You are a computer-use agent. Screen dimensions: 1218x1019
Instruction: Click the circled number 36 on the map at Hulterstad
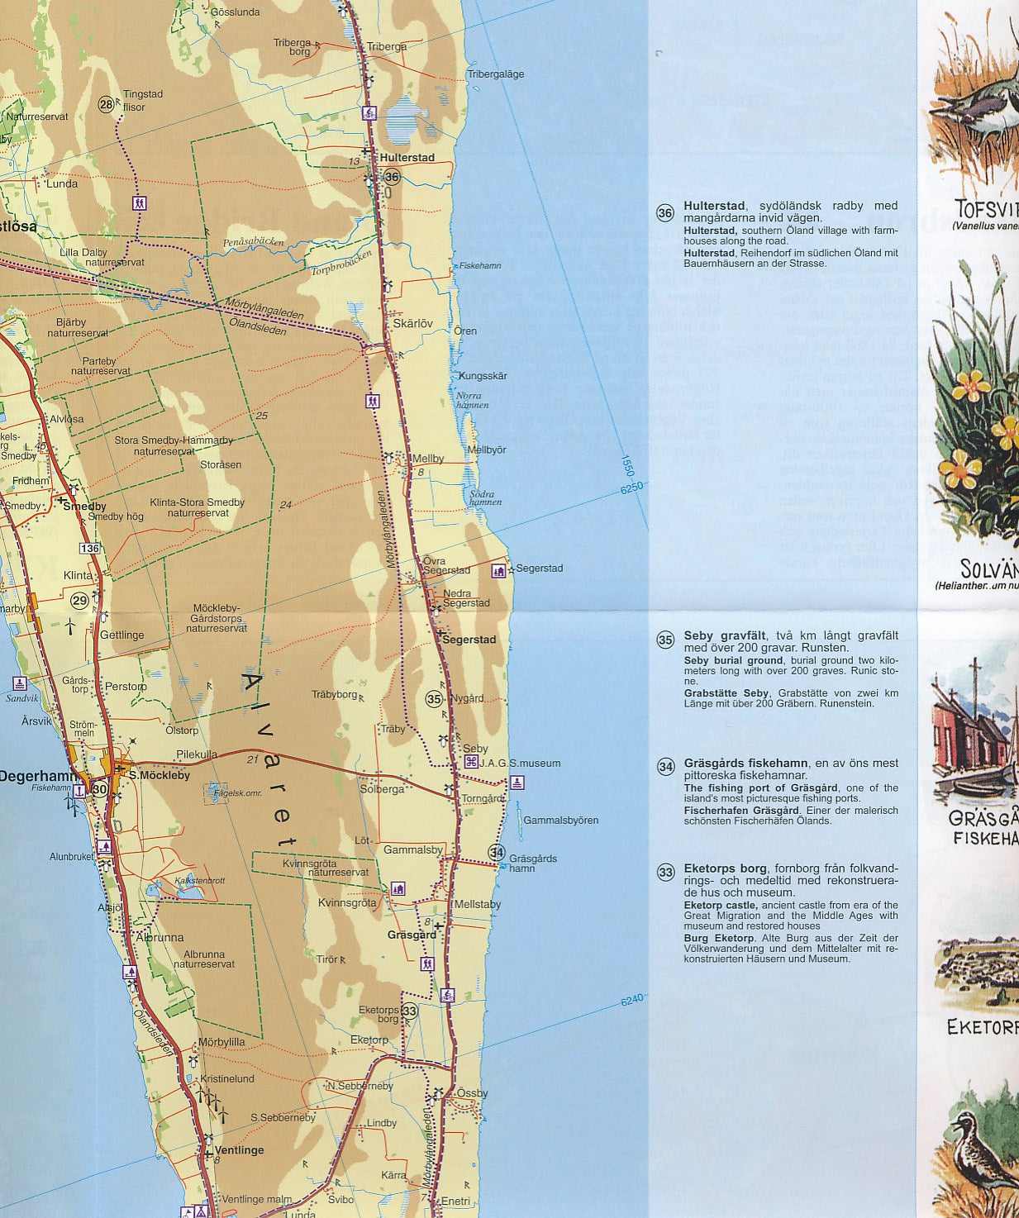pos(392,177)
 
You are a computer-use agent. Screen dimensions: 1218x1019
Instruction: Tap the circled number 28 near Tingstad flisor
pos(106,104)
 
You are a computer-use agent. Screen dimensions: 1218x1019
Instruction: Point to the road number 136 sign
pos(89,549)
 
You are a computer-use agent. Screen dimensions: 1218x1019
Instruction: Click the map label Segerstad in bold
pos(469,640)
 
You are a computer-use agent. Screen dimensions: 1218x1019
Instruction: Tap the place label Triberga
pos(387,47)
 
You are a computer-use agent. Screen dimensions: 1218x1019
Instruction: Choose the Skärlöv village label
pos(412,324)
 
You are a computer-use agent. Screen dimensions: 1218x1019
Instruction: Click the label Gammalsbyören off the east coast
pos(560,821)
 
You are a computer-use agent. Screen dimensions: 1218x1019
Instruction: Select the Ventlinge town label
pos(239,1150)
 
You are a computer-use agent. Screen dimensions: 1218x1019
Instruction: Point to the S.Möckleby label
pos(160,775)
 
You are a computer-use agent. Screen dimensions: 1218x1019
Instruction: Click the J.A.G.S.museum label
pos(520,763)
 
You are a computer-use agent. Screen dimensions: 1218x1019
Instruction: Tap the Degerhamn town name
pos(38,776)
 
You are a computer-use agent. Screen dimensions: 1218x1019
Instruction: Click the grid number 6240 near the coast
pos(631,1000)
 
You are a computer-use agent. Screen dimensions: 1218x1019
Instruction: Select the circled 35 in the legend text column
pos(665,640)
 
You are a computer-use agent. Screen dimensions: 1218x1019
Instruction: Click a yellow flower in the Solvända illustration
pos(974,383)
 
